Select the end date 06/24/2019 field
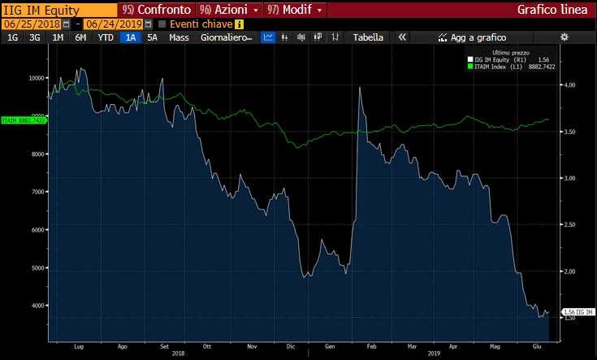point(113,24)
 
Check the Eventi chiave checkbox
point(162,24)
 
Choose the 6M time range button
point(80,37)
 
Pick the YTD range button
point(106,37)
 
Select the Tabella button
point(368,37)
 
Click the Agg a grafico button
point(473,37)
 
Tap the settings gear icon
point(565,37)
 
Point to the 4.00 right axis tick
point(569,85)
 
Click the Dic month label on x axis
point(291,346)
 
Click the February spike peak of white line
point(359,88)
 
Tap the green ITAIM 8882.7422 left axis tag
point(24,119)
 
